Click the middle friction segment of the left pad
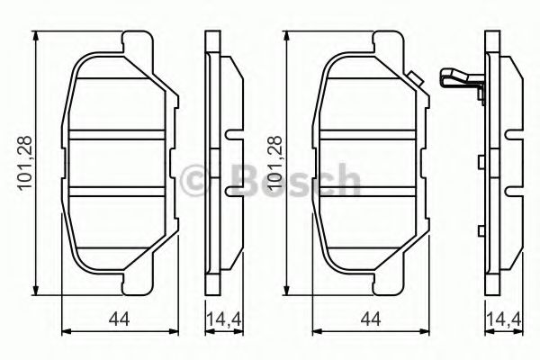tap(118, 164)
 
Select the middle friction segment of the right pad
tap(370, 164)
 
